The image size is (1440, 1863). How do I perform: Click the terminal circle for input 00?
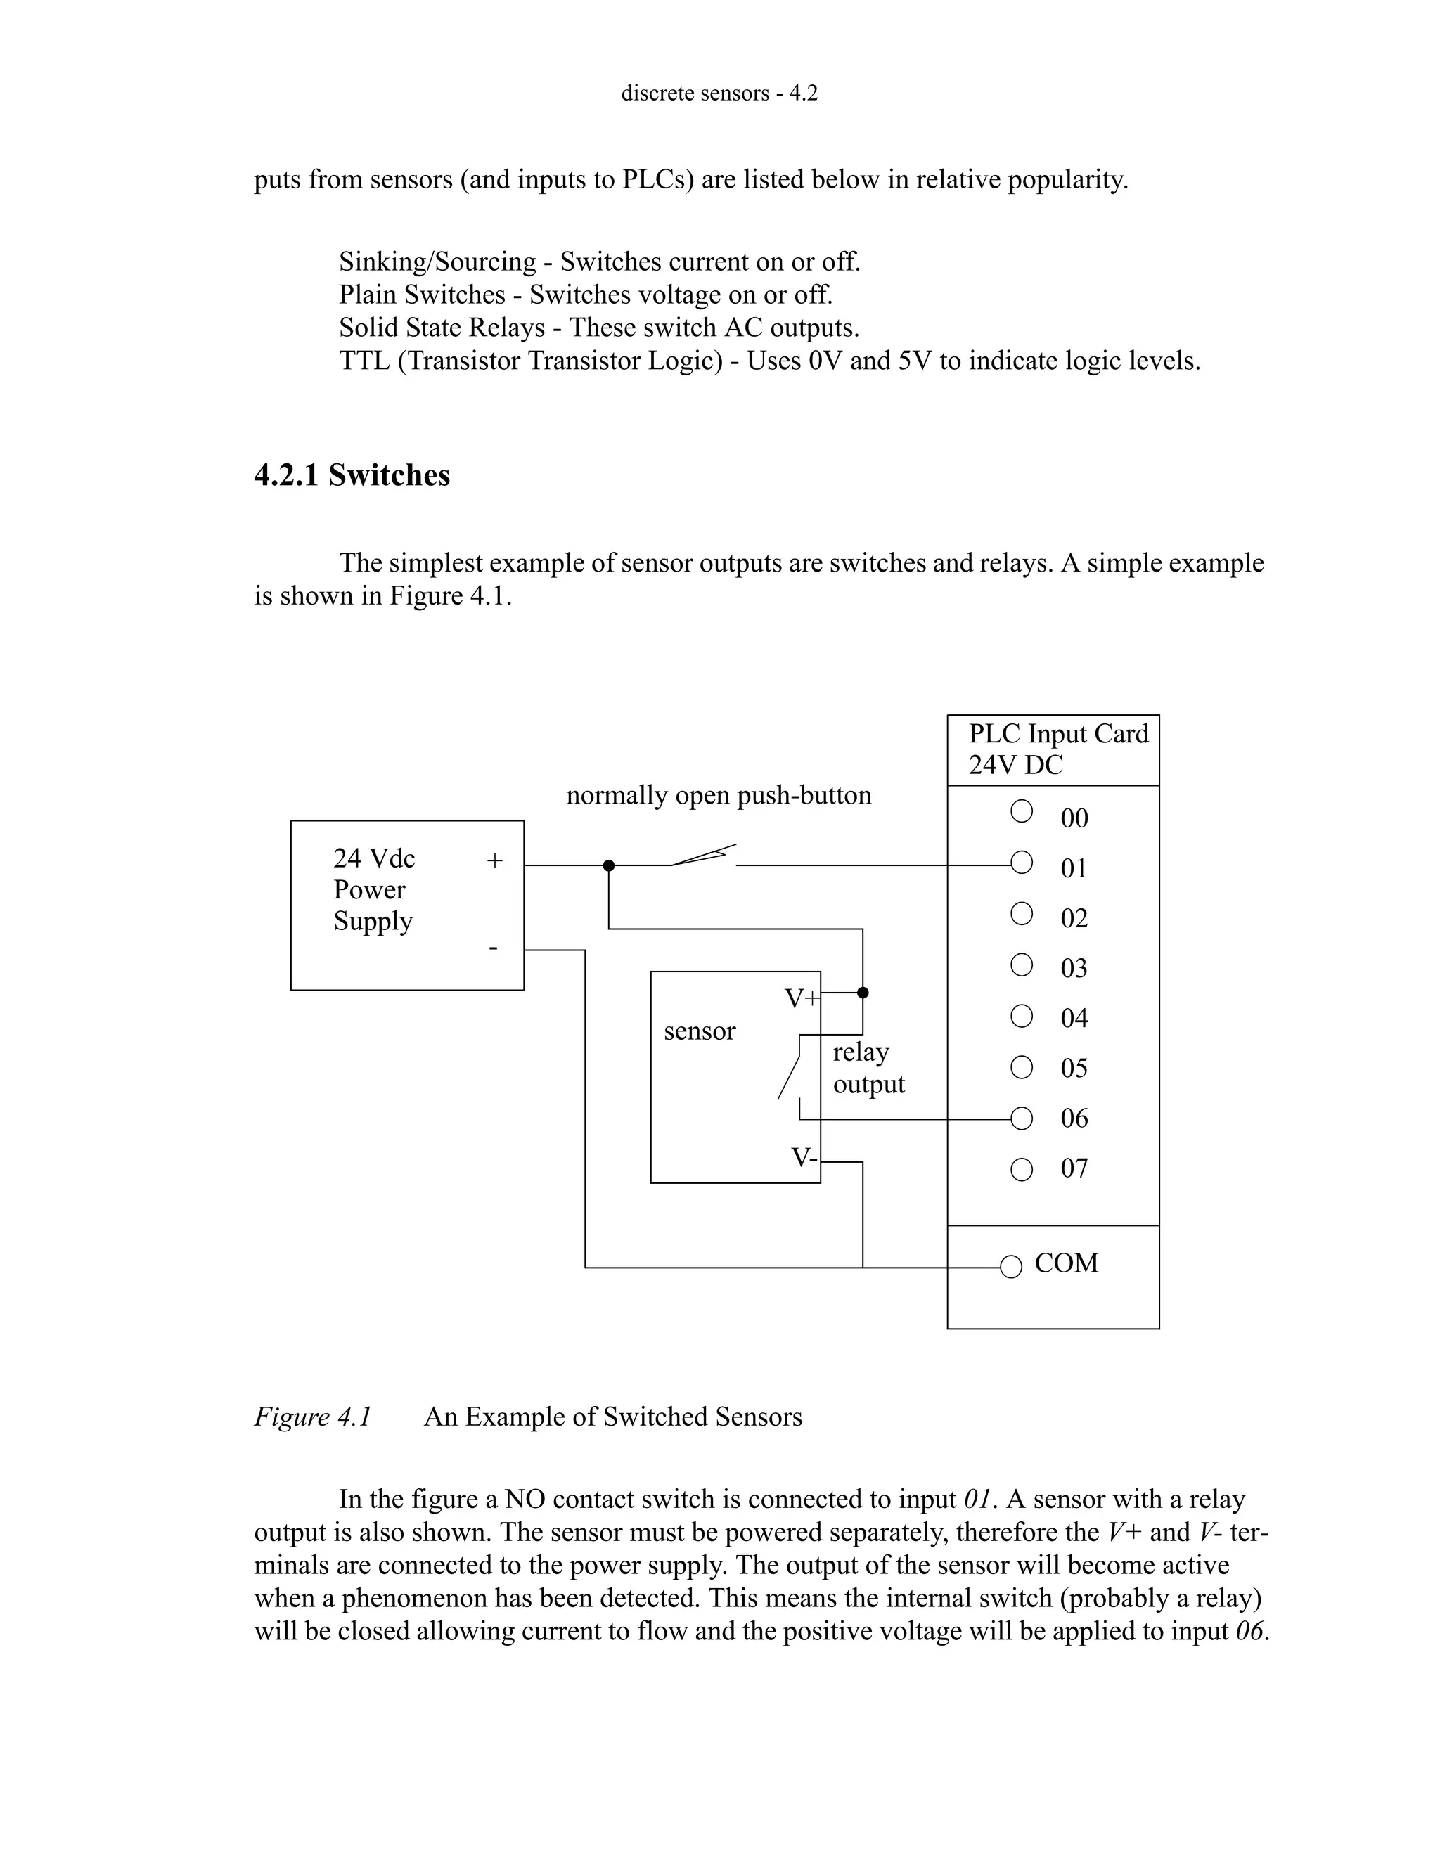[x=1021, y=811]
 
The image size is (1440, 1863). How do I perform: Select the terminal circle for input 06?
[x=1021, y=1119]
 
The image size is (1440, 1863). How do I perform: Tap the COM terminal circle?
[x=1011, y=1267]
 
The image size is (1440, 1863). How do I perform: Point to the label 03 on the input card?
[x=1074, y=968]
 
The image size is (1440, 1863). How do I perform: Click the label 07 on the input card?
[x=1074, y=1168]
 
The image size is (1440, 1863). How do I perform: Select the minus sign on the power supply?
[x=493, y=947]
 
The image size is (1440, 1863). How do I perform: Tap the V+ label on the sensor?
[x=801, y=998]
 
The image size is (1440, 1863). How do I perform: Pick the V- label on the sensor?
[x=804, y=1158]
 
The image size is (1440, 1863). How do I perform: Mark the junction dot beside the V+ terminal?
[x=863, y=992]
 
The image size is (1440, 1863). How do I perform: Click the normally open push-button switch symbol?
[x=703, y=856]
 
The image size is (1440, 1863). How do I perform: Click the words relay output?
[x=868, y=1068]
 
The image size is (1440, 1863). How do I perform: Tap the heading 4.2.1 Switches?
[x=352, y=475]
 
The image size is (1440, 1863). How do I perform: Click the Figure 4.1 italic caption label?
[x=313, y=1417]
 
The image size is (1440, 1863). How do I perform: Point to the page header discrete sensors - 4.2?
[x=719, y=93]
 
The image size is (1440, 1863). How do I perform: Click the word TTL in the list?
[x=364, y=361]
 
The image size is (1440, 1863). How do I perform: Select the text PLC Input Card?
[x=1057, y=733]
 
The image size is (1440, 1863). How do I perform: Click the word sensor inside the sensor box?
[x=700, y=1031]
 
